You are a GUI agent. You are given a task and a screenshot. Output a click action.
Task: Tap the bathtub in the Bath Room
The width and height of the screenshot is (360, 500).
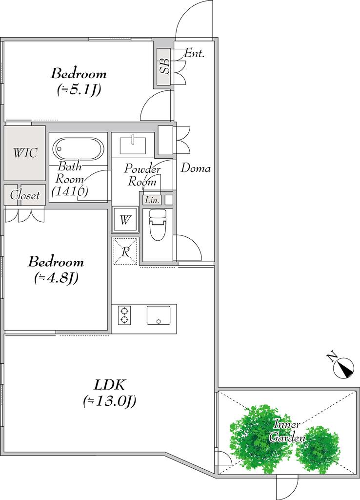click(78, 148)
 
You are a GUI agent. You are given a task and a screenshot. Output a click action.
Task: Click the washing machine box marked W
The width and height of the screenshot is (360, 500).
click(125, 220)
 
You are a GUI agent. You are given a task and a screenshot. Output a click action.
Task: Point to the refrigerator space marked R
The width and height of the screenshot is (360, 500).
click(125, 251)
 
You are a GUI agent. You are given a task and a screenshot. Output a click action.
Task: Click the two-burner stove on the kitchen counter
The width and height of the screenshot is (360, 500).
click(124, 315)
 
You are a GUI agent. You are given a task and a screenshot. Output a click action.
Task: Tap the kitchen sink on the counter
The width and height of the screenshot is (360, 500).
click(159, 315)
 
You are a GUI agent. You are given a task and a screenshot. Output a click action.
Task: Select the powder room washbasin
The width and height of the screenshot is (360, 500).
click(133, 145)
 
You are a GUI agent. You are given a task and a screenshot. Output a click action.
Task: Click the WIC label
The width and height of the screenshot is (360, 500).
click(25, 153)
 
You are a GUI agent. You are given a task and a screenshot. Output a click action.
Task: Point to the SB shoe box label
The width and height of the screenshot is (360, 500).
click(164, 66)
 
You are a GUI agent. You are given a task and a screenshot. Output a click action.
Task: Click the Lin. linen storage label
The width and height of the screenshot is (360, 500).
click(152, 200)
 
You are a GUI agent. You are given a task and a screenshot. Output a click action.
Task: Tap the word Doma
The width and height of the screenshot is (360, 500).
click(196, 168)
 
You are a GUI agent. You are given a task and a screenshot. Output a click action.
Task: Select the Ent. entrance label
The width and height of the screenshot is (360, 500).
click(194, 53)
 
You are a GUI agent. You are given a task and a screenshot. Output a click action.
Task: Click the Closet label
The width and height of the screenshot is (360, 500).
click(25, 195)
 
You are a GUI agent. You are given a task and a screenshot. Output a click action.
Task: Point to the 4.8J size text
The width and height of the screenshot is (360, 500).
click(56, 278)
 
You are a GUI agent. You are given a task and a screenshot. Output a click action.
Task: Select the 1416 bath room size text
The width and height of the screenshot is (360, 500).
click(69, 191)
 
